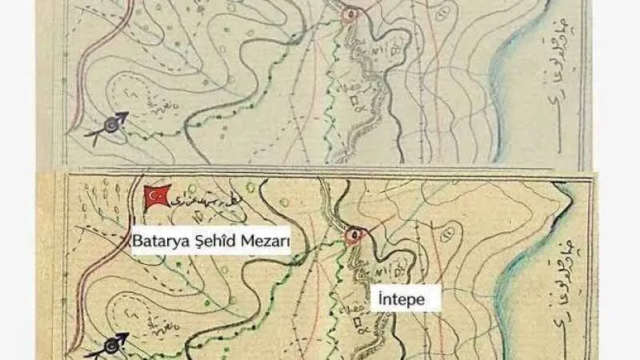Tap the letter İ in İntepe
coord(381,299)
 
